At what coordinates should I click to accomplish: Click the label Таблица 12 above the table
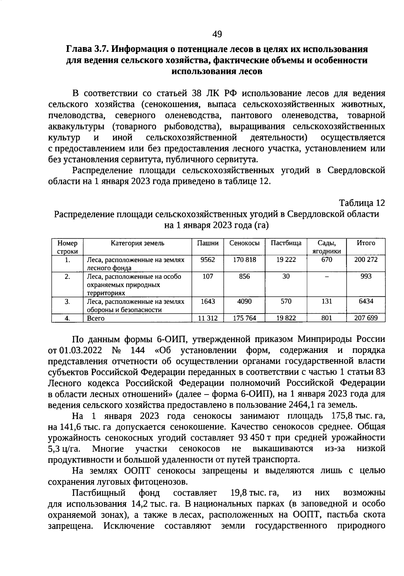[362, 203]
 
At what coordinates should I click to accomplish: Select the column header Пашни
[208, 243]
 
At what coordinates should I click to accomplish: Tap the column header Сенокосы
[244, 243]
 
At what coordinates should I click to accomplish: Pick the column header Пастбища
[286, 243]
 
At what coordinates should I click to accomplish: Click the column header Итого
[366, 243]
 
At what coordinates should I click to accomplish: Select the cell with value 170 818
[244, 259]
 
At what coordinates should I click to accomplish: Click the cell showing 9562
[208, 259]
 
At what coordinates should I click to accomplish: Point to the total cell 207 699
[366, 318]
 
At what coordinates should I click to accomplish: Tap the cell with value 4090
[244, 301]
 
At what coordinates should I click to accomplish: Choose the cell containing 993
[366, 276]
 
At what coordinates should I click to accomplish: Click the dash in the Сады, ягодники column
[326, 277]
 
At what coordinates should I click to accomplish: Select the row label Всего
[96, 318]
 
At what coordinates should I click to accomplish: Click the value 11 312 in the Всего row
[208, 318]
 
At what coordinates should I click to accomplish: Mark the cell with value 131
[326, 301]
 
